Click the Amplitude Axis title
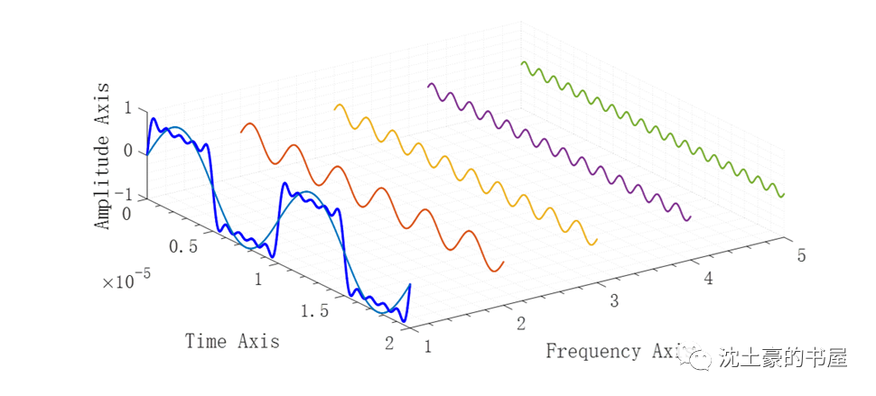[x=104, y=155]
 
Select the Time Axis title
[x=232, y=341]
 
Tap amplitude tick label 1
[x=127, y=107]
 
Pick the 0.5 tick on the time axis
[x=182, y=247]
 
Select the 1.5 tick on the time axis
[x=314, y=311]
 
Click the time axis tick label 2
[x=389, y=343]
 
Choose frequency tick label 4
[x=708, y=279]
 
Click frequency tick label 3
[x=615, y=300]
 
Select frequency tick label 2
[x=521, y=323]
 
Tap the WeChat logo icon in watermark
[x=695, y=358]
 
